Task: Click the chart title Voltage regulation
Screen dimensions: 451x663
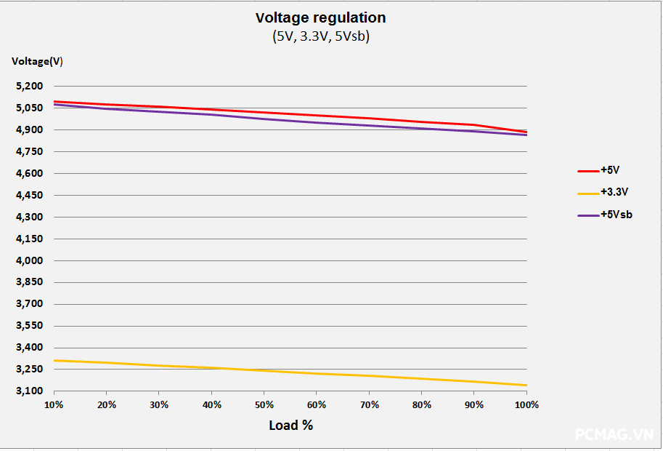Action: (320, 17)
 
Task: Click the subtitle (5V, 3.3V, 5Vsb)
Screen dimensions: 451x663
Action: (320, 36)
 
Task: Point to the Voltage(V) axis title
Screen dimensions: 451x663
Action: (37, 61)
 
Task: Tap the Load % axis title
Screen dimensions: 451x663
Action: (290, 425)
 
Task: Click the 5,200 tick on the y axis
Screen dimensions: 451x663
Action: (29, 86)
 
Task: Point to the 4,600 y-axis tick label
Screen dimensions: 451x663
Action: (29, 173)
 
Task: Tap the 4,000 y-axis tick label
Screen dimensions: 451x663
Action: (29, 260)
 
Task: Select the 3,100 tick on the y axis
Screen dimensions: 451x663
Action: (29, 391)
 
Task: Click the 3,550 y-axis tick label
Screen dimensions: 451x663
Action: (29, 325)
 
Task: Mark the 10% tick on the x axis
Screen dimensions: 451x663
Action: (54, 404)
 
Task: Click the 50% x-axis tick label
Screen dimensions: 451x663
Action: (264, 404)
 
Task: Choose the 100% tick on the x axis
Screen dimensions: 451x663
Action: (526, 404)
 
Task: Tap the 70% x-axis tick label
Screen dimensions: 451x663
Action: (369, 404)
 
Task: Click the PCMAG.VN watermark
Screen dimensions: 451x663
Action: (614, 434)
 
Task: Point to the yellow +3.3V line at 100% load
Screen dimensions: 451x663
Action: (525, 385)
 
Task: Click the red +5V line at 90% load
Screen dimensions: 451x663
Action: (473, 125)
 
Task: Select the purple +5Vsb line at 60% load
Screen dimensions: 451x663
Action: (317, 122)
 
